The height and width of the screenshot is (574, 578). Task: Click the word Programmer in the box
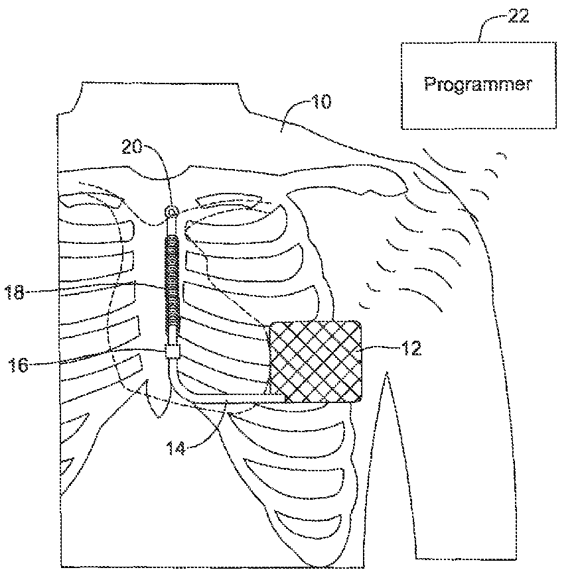[x=477, y=85]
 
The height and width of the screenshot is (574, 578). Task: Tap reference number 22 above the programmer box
[x=518, y=17]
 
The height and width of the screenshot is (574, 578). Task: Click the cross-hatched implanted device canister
[x=315, y=362]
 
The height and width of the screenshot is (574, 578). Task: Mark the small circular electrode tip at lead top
[x=171, y=212]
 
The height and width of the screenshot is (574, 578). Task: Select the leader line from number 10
[x=292, y=113]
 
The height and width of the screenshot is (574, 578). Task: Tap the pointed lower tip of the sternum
[x=159, y=414]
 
